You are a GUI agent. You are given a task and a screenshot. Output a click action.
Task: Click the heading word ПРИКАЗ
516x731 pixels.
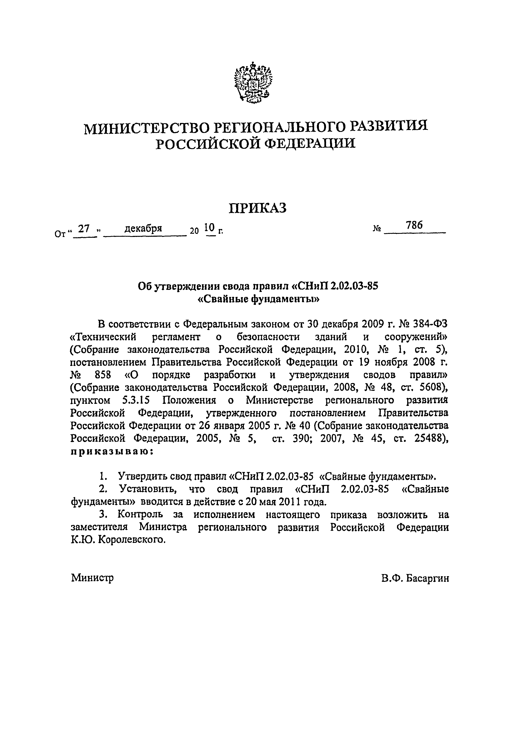(258, 208)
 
